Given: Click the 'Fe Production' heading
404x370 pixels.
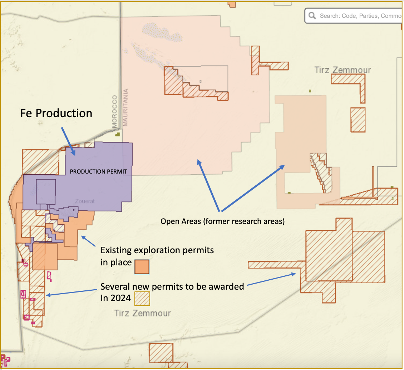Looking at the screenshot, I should pos(56,113).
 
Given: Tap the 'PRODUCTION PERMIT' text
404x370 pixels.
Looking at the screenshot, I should pos(98,171).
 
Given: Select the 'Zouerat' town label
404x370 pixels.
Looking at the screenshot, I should pos(85,201).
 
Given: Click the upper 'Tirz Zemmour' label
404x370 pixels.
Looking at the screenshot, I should pos(343,70).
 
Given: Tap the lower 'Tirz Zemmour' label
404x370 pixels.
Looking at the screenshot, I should pos(142,313).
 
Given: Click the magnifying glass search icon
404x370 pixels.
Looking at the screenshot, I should pos(312,16).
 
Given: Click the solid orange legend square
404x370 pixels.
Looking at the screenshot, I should pos(142,267).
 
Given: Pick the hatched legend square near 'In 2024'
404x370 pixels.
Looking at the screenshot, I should pos(142,299).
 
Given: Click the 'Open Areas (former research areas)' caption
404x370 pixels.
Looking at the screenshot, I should pos(222,221).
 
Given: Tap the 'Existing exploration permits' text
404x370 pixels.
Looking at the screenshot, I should pos(157,250).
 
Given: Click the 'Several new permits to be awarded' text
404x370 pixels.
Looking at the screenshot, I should pos(172,286).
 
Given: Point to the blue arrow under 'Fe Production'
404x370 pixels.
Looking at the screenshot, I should pos(68,141).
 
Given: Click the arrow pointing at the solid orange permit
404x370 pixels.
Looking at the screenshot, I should pos(88,241).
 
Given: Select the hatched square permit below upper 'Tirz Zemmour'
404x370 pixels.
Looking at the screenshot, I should pos(358,120).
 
